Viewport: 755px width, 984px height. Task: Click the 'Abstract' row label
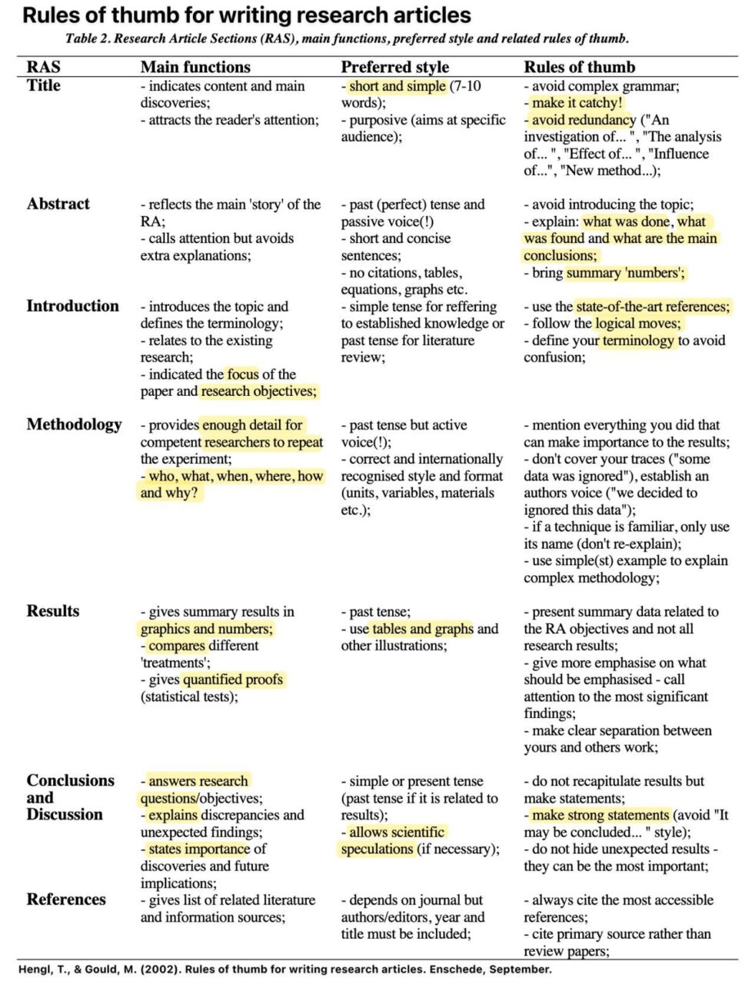tap(58, 204)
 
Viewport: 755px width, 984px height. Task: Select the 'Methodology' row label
tap(74, 424)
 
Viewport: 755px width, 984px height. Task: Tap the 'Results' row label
tap(52, 611)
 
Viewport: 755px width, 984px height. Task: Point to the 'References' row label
tap(66, 899)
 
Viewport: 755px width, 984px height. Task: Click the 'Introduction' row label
tap(72, 306)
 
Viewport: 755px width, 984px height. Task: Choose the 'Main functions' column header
tap(195, 67)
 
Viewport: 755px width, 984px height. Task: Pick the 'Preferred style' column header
tap(394, 67)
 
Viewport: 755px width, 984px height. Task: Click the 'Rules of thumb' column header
tap(579, 67)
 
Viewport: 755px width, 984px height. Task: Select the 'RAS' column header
tap(43, 67)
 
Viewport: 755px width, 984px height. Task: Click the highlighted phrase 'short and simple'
tap(397, 86)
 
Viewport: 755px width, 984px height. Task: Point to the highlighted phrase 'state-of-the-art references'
tap(653, 307)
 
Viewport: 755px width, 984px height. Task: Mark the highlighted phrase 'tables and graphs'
tap(423, 629)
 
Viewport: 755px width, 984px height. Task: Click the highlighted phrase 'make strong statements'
tap(600, 815)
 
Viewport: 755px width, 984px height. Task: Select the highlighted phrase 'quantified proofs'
tap(233, 680)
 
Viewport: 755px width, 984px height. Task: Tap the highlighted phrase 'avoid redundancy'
tap(584, 120)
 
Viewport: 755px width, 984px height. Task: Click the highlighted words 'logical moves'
tap(637, 324)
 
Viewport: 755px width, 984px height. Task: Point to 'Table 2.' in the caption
tap(88, 38)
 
